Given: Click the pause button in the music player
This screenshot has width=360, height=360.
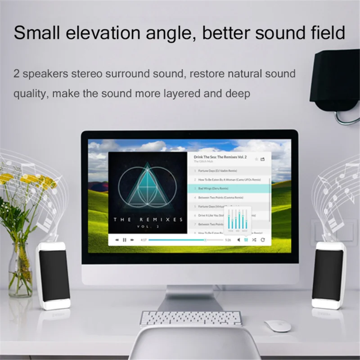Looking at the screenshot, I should (125, 240).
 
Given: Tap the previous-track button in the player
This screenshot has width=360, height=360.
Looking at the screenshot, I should (117, 240).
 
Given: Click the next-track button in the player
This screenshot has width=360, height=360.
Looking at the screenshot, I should (132, 240).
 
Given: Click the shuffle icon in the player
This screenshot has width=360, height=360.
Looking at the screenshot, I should (254, 240).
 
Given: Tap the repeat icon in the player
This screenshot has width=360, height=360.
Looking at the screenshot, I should (263, 240).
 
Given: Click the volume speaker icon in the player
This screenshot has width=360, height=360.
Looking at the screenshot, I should (238, 240).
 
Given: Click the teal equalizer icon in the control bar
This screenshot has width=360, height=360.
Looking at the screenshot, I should (246, 240).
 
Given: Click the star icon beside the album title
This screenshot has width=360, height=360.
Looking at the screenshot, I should (256, 159).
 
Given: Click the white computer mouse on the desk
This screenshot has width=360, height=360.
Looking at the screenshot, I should (277, 326).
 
